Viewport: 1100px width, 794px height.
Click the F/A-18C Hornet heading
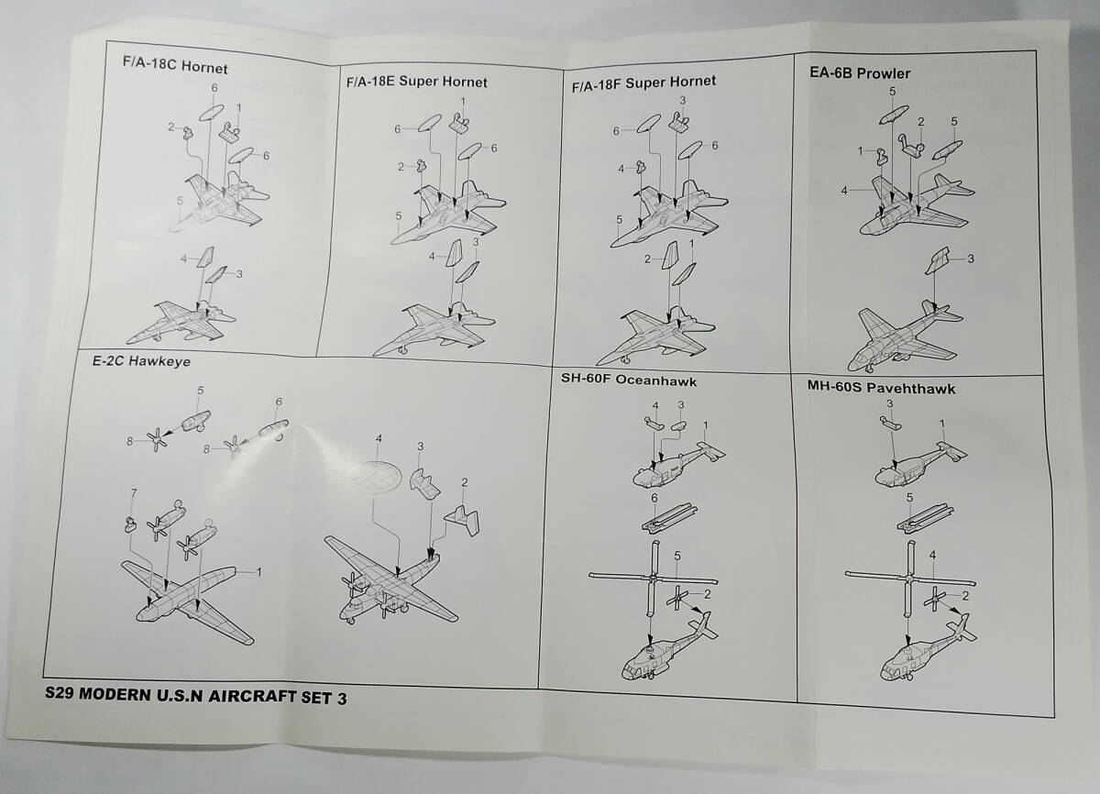tap(175, 65)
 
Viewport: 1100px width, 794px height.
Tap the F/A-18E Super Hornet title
tap(416, 82)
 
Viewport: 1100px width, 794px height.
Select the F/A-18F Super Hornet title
tap(643, 83)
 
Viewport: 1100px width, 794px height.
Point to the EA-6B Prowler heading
tap(860, 73)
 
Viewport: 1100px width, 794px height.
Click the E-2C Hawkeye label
tap(141, 361)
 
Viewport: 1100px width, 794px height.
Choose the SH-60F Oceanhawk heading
tap(629, 380)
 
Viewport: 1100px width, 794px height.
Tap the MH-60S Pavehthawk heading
tap(882, 388)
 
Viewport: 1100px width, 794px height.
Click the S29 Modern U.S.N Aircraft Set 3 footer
tap(195, 696)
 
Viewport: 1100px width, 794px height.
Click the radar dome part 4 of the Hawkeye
tap(375, 475)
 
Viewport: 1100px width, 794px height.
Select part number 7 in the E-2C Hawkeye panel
tap(134, 492)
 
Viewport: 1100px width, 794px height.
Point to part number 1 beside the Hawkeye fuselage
tap(258, 572)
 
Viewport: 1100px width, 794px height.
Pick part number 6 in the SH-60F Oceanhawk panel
tap(654, 498)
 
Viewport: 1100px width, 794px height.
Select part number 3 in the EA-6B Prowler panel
tap(971, 259)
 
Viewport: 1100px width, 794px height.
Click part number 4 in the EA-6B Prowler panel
tap(844, 191)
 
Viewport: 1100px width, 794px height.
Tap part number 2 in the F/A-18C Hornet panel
tap(170, 127)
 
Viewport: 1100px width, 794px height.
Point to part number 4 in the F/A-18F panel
tap(621, 169)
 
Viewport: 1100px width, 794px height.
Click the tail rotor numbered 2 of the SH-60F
tap(677, 598)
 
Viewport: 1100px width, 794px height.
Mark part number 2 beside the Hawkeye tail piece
tap(464, 482)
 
